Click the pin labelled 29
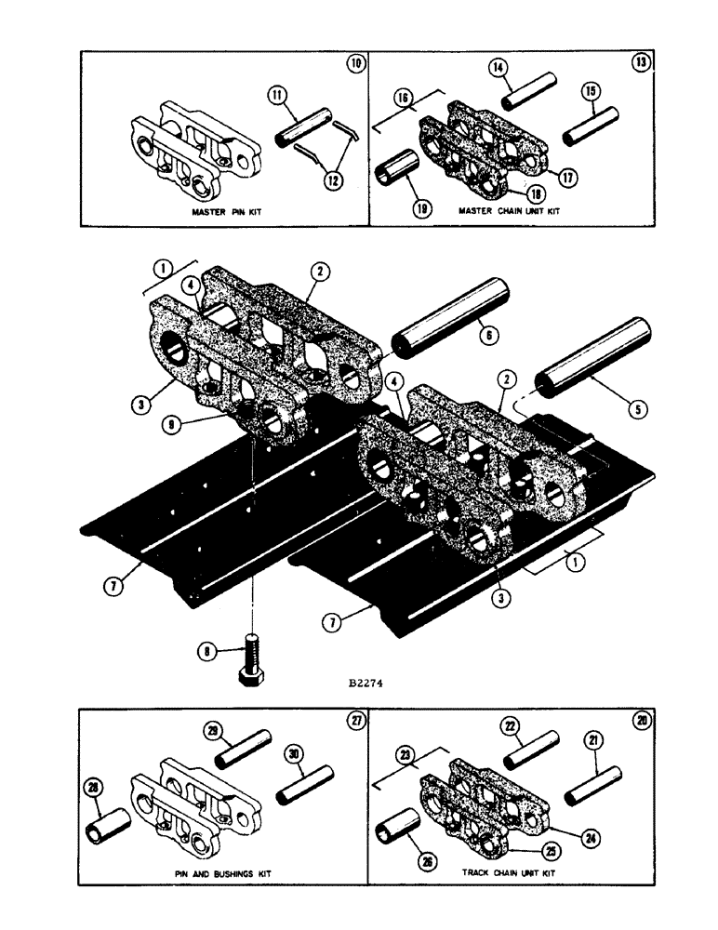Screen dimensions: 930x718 pos(243,750)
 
